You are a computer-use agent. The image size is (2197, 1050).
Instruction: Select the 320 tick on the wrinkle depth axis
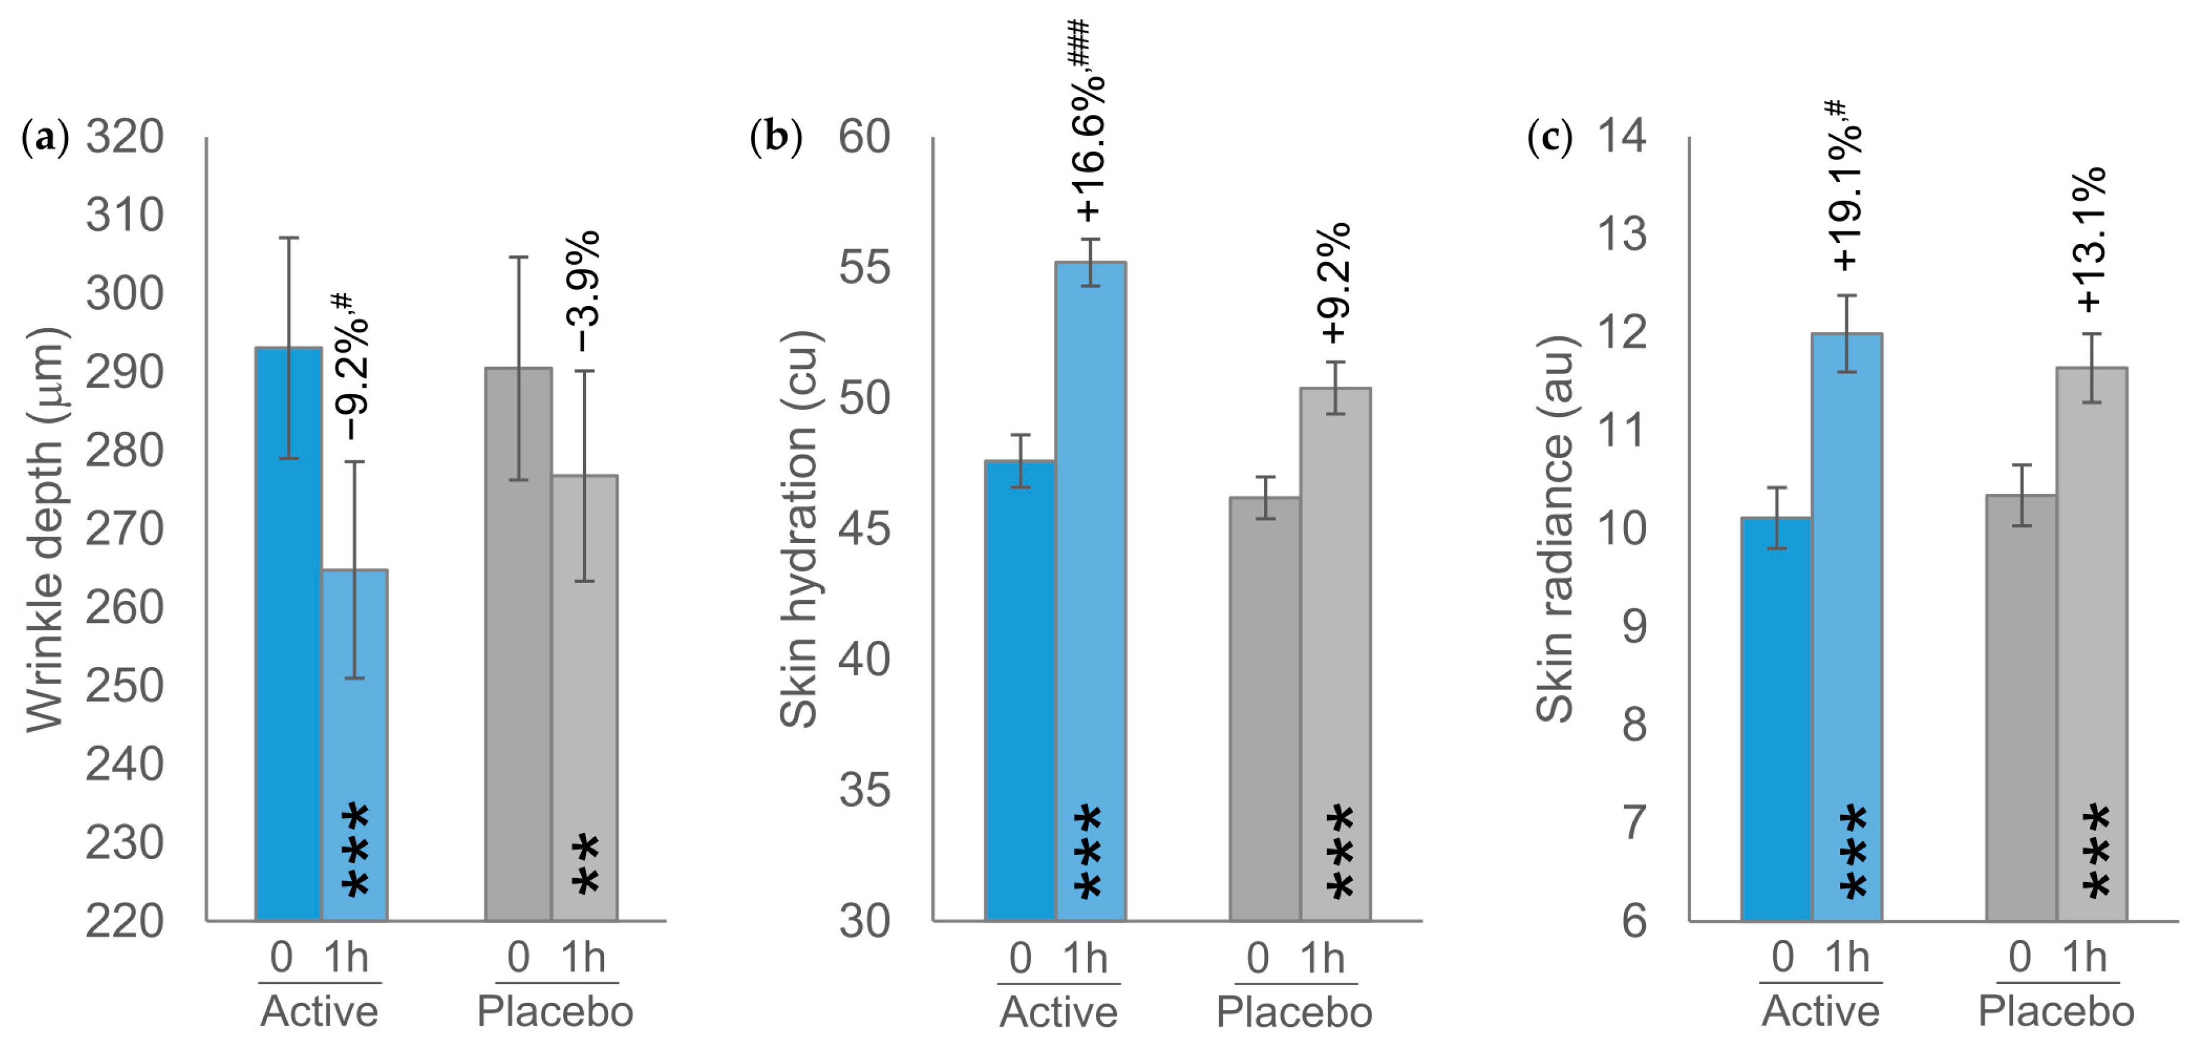124,136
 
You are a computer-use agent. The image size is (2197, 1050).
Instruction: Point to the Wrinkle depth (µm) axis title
45,529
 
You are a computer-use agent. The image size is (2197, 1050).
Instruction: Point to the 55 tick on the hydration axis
864,267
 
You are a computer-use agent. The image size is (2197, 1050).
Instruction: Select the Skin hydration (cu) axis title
799,529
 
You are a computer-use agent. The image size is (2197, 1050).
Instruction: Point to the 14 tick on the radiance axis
1622,136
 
